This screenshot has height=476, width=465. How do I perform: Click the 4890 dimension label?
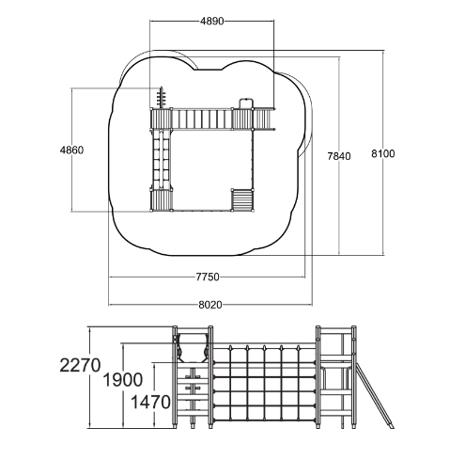[212, 21]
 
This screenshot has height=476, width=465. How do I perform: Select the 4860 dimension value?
[71, 151]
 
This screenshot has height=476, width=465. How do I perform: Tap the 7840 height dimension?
[339, 156]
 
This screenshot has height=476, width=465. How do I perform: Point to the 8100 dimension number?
[383, 153]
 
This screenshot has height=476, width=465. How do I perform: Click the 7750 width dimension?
[208, 277]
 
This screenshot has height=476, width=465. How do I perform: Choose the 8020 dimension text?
[210, 305]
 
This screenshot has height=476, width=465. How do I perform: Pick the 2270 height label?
[80, 365]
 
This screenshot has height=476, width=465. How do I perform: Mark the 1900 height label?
[123, 380]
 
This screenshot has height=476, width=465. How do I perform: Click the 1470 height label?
[150, 402]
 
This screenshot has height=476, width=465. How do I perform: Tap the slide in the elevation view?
[374, 395]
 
